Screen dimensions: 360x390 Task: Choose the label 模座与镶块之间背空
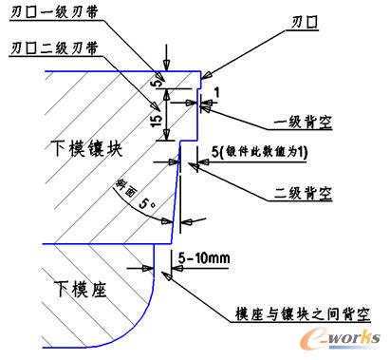[x=301, y=313]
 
